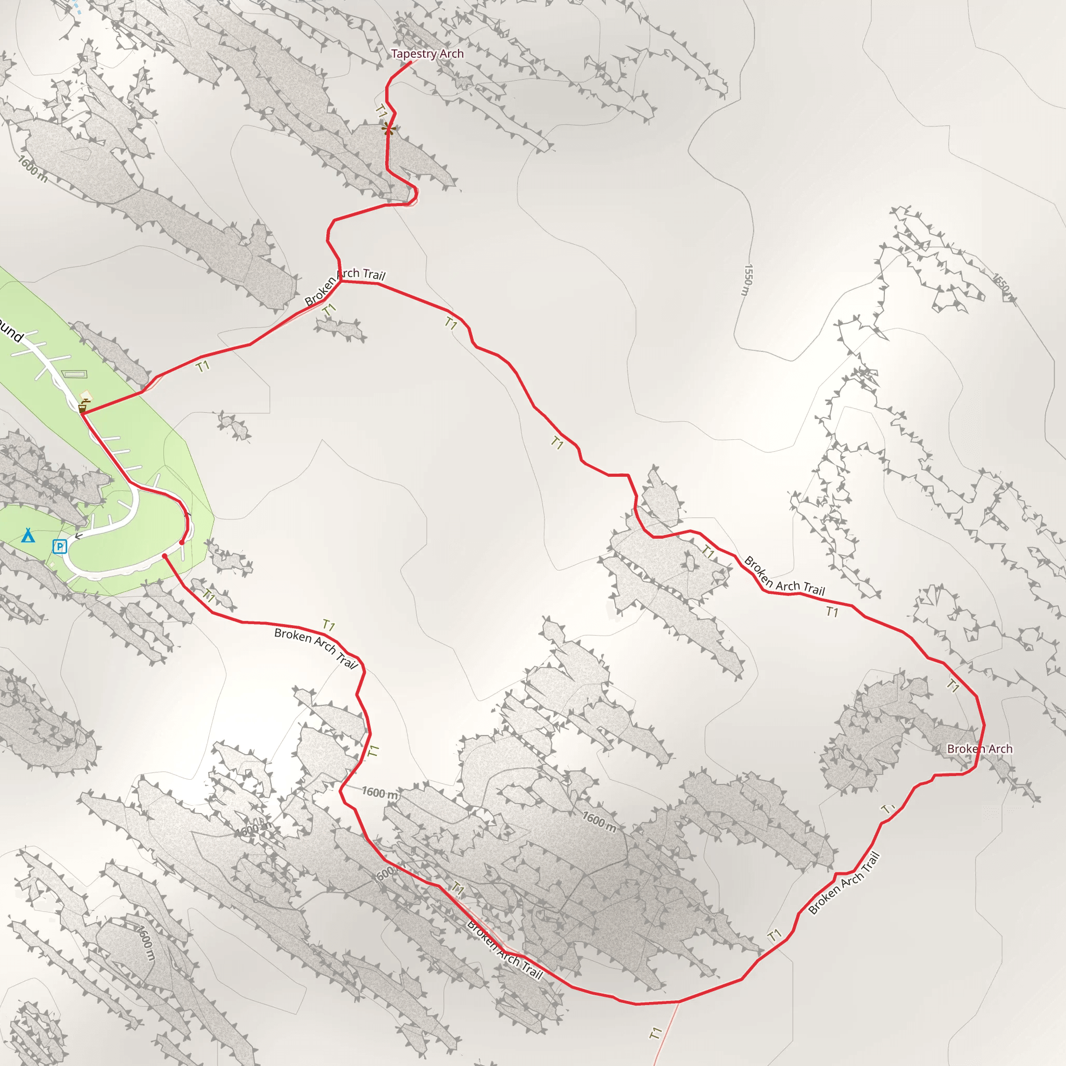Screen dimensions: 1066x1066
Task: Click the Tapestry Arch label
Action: (427, 54)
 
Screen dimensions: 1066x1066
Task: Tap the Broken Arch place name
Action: (980, 748)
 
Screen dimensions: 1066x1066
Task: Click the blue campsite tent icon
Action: (28, 535)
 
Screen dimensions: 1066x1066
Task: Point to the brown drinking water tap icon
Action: (82, 408)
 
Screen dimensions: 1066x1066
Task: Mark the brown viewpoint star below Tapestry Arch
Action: (388, 130)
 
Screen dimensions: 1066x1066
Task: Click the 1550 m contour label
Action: (747, 279)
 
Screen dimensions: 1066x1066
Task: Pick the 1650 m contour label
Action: (1003, 287)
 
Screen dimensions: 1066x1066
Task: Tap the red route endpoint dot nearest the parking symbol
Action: (165, 556)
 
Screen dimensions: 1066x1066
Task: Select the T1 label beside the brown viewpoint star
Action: (380, 111)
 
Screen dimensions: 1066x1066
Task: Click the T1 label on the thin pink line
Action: (655, 1033)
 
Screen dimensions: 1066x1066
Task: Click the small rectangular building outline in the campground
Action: (74, 375)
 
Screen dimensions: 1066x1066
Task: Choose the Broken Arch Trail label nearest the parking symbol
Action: (316, 648)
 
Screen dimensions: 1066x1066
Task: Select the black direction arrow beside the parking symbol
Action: (79, 536)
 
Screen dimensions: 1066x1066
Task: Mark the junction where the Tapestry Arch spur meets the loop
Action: (340, 281)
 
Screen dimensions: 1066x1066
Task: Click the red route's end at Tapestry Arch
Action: (411, 61)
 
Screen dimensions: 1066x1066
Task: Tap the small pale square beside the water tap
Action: (86, 396)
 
